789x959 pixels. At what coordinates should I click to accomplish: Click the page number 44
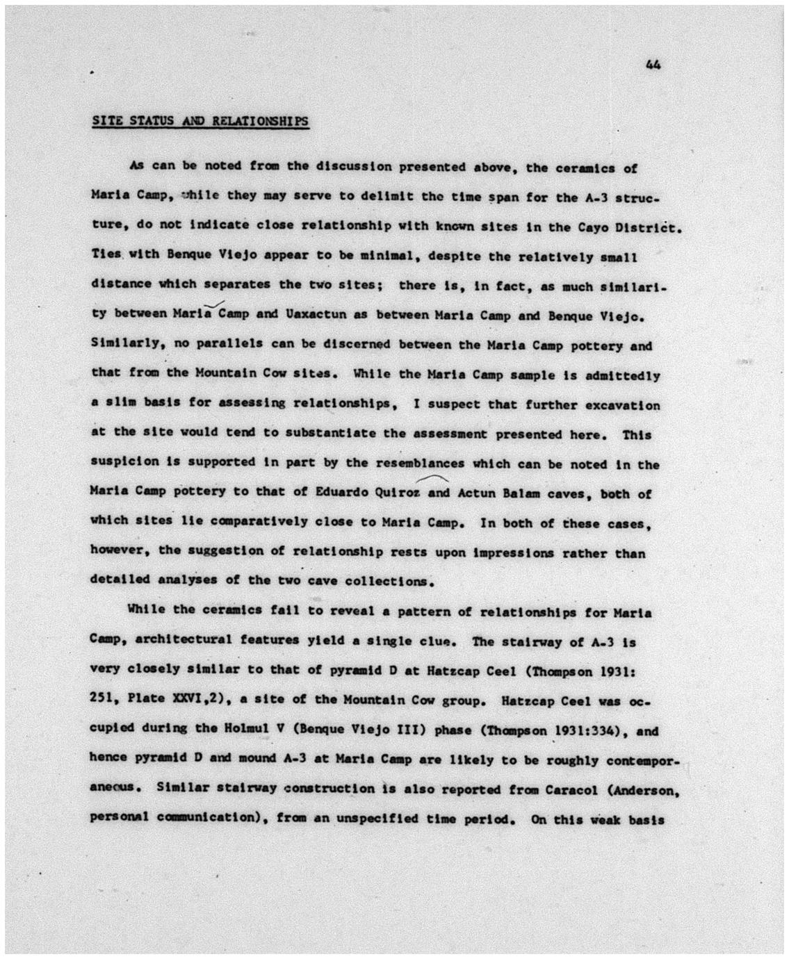click(x=653, y=65)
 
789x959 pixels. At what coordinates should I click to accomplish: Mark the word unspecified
click(x=373, y=819)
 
